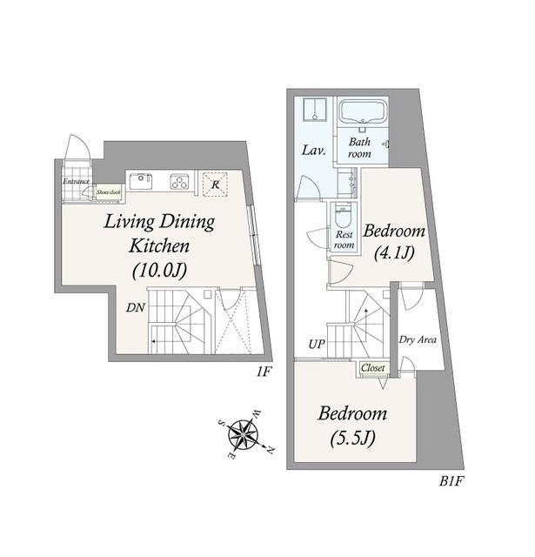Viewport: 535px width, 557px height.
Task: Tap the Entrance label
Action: coord(76,182)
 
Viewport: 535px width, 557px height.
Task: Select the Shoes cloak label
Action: coord(109,192)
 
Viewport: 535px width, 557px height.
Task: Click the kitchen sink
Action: coord(141,181)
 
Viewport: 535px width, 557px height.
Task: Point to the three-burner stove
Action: coord(179,182)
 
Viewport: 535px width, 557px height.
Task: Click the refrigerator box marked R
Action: coord(215,184)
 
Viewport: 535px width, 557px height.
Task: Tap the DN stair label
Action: coord(136,307)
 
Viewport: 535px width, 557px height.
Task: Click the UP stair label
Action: coord(317,344)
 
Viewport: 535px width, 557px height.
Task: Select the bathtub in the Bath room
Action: coord(363,111)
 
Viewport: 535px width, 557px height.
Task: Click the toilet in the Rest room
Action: coord(343,217)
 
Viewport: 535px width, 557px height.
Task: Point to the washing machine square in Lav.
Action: coord(315,110)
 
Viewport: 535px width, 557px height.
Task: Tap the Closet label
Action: coord(373,368)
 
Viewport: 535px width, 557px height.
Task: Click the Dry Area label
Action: coord(418,339)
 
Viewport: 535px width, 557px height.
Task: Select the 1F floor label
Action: coord(264,372)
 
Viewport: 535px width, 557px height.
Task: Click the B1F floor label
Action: coord(451,481)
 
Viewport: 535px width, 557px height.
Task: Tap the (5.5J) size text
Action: coord(353,439)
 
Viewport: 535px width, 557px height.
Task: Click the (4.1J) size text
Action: coord(394,253)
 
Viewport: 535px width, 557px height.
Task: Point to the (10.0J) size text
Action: coord(159,271)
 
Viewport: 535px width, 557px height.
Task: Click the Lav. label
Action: coord(314,151)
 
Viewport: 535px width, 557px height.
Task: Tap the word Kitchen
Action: coord(159,245)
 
